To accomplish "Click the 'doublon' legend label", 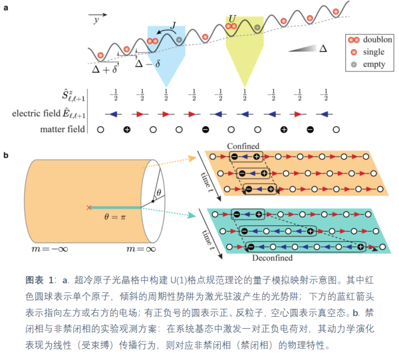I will (378, 40).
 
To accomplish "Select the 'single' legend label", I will (374, 52).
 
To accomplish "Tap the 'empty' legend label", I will (375, 64).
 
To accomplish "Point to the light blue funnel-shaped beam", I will (166, 60).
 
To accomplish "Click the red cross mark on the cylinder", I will (88, 207).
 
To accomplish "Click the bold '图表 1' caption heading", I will (39, 277).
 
